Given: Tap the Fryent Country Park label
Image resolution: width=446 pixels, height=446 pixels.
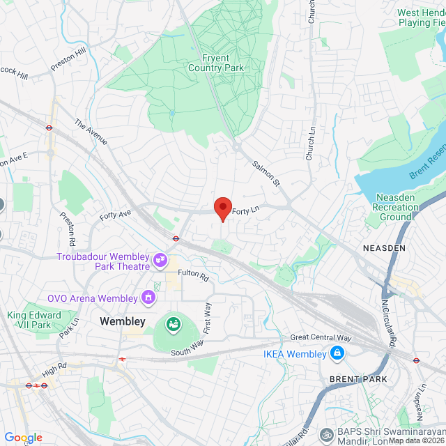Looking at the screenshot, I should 216,63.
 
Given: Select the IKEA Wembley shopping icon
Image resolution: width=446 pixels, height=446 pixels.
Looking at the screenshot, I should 337,354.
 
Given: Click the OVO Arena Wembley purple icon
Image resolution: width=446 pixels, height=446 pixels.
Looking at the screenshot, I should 148,298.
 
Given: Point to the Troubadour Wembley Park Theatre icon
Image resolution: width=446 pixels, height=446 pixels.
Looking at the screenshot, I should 161,261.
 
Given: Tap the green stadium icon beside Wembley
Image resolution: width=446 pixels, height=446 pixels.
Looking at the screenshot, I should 172,323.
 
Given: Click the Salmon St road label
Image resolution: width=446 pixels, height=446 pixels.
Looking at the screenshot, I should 266,174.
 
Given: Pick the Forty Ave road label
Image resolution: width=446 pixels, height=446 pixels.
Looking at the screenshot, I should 115,215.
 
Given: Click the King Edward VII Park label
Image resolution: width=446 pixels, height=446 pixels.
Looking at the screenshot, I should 34,321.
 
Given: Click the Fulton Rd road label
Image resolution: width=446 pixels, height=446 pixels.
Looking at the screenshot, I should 193,276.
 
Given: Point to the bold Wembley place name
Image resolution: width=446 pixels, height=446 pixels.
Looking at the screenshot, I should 123,321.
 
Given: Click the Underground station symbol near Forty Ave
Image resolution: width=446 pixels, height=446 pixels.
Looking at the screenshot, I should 176,238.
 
